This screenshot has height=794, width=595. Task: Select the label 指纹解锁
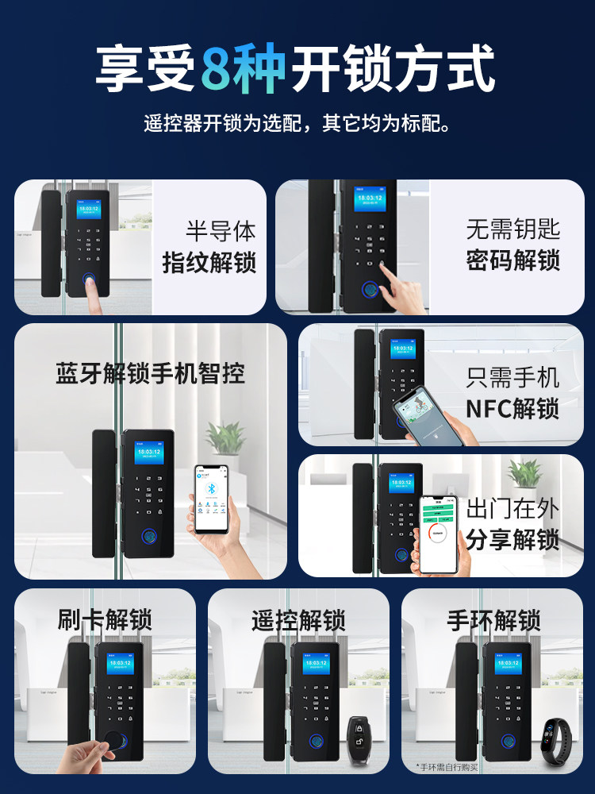pyautogui.click(x=209, y=262)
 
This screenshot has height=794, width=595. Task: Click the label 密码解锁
pyautogui.click(x=512, y=260)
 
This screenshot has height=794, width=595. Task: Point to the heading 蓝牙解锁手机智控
pyautogui.click(x=150, y=374)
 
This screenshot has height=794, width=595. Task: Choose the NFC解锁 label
pyautogui.click(x=512, y=408)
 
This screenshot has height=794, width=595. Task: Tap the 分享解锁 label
pyautogui.click(x=512, y=540)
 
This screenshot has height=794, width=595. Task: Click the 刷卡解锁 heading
pyautogui.click(x=105, y=620)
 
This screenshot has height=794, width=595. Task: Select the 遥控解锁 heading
pyautogui.click(x=298, y=620)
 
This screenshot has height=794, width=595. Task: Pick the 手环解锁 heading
pyautogui.click(x=493, y=620)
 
